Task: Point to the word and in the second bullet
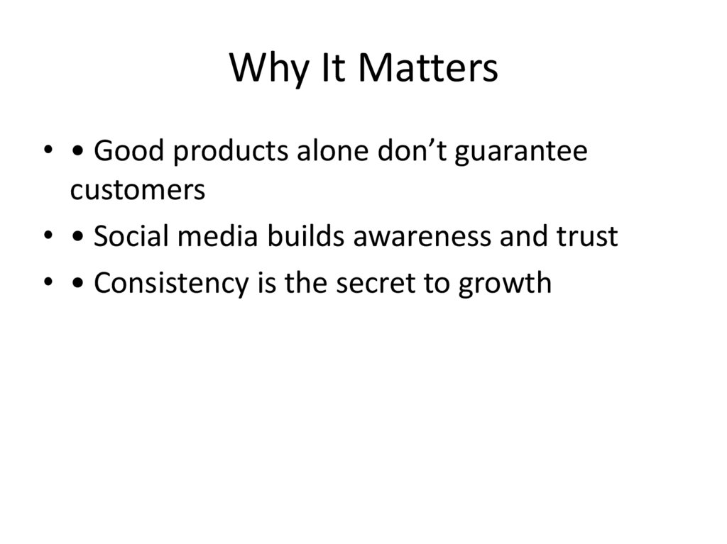[521, 236]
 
